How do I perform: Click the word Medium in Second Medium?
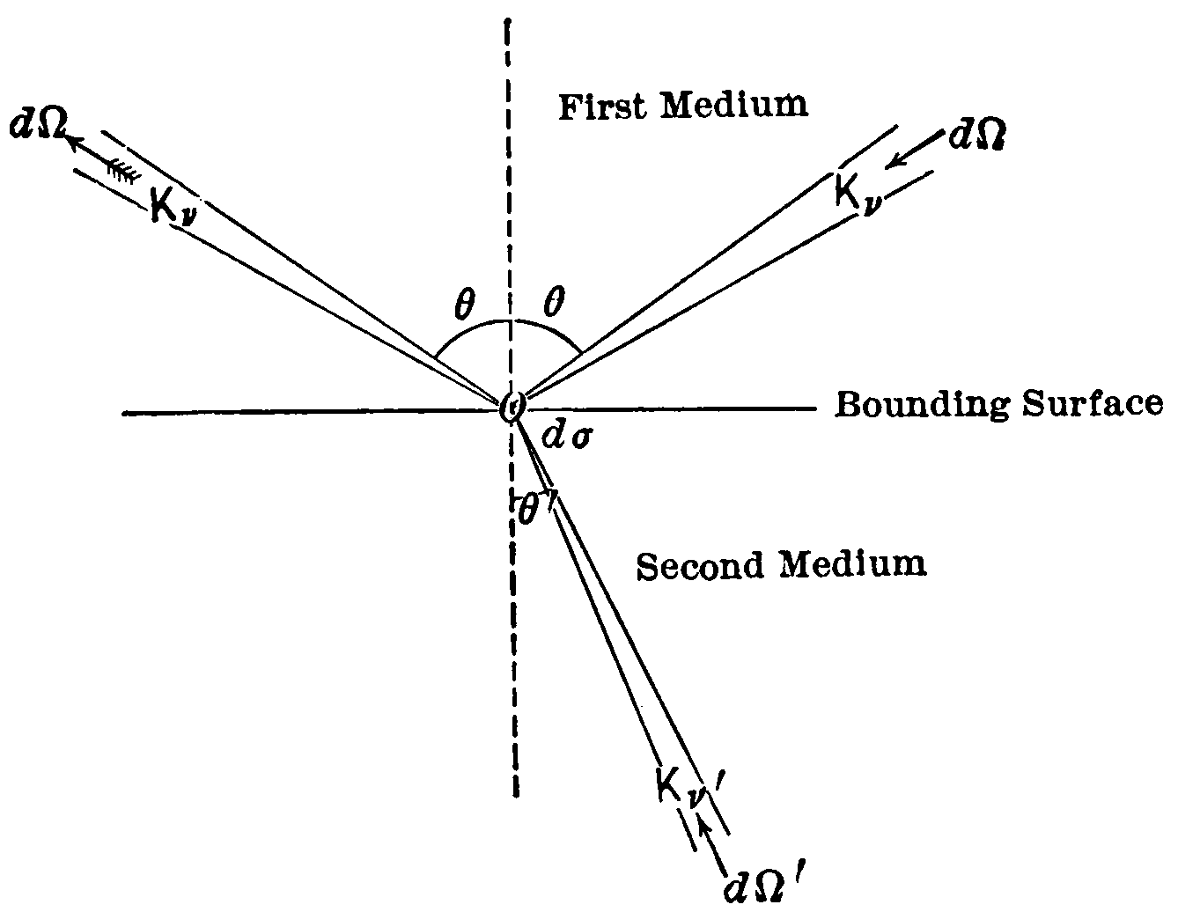(x=854, y=564)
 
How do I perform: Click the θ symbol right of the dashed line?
(x=553, y=305)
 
